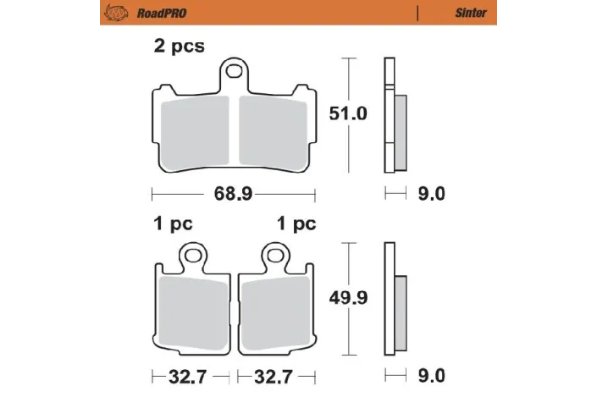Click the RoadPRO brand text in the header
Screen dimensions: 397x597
pyautogui.click(x=149, y=13)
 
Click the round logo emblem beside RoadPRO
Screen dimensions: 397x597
pyautogui.click(x=113, y=13)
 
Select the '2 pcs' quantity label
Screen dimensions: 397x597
pyautogui.click(x=179, y=47)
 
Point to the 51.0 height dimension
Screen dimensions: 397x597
pyautogui.click(x=348, y=113)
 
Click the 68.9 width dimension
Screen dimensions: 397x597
pyautogui.click(x=233, y=194)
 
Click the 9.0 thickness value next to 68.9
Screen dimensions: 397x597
pyautogui.click(x=432, y=194)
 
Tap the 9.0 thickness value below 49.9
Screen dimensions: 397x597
pyautogui.click(x=432, y=373)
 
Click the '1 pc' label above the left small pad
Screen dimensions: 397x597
pyautogui.click(x=173, y=224)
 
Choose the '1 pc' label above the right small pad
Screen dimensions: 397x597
pyautogui.click(x=296, y=224)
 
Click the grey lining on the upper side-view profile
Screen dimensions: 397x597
pyautogui.click(x=401, y=131)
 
